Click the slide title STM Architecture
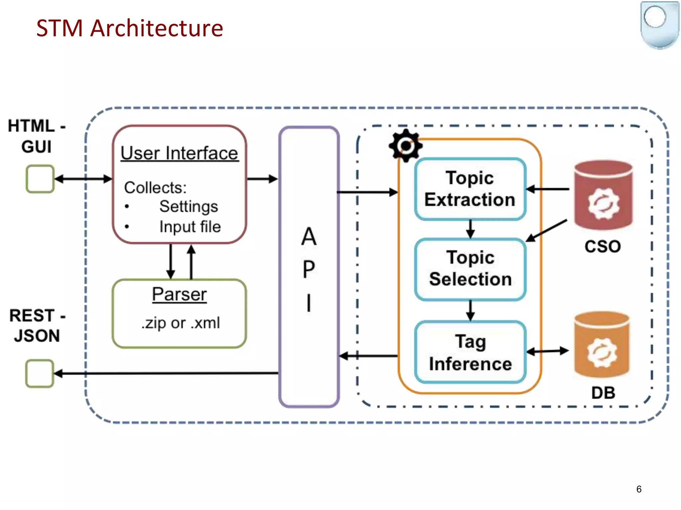[129, 28]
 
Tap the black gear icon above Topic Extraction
[405, 145]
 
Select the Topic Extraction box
[470, 189]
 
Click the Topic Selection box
[470, 269]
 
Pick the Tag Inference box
[470, 352]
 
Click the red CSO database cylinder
[603, 196]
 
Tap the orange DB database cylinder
[602, 345]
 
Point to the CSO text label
[603, 246]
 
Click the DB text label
[603, 393]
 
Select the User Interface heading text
[179, 153]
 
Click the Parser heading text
[179, 294]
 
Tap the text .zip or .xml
[181, 323]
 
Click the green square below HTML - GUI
[40, 179]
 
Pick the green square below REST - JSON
[40, 374]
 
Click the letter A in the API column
[309, 237]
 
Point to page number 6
[639, 489]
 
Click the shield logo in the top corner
[660, 25]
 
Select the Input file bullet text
[190, 227]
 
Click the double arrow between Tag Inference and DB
[548, 351]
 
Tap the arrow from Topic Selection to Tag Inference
[470, 310]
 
